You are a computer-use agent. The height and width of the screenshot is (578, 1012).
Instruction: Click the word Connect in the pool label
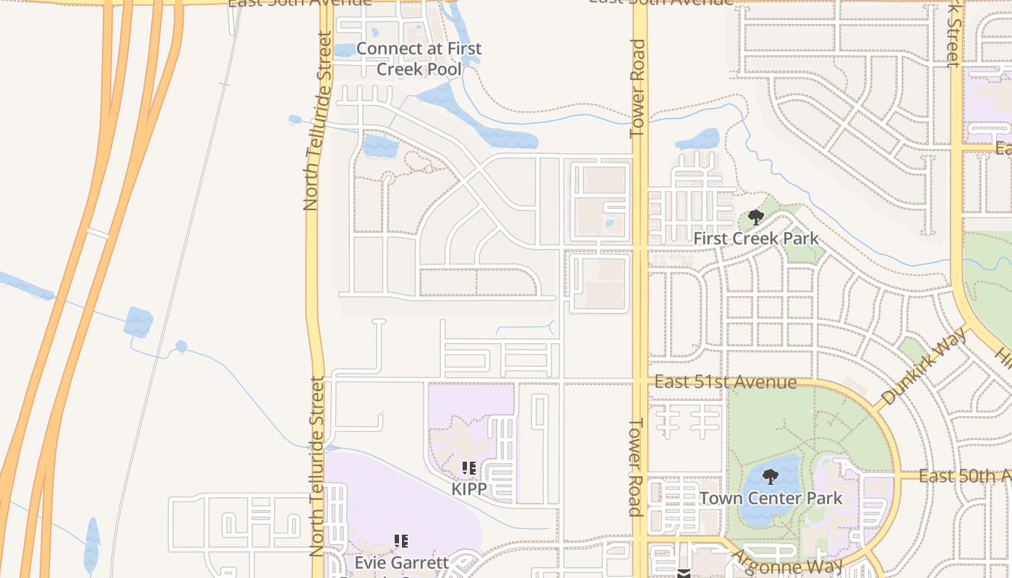[x=387, y=49]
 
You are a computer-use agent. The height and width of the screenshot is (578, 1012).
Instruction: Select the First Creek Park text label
[x=755, y=238]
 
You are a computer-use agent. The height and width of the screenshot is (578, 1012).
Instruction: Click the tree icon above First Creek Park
[x=756, y=217]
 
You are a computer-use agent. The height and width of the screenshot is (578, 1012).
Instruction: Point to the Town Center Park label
[x=771, y=499]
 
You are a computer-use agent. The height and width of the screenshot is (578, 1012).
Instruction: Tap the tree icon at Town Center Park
[x=771, y=476]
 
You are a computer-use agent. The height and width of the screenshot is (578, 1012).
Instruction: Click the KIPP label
[x=468, y=489]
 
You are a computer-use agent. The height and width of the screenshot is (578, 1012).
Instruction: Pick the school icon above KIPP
[x=468, y=468]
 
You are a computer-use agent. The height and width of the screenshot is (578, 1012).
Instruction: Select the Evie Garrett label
[x=401, y=562]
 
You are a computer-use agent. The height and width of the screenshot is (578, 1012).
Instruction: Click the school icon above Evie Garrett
[x=401, y=540]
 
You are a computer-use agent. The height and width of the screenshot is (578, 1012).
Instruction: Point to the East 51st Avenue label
[x=725, y=382]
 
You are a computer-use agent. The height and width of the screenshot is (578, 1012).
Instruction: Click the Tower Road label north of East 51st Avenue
[x=638, y=88]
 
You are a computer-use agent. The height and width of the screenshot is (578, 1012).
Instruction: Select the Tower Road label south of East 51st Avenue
[x=636, y=467]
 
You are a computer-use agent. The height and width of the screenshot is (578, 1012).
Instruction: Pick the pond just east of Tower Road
[x=698, y=139]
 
